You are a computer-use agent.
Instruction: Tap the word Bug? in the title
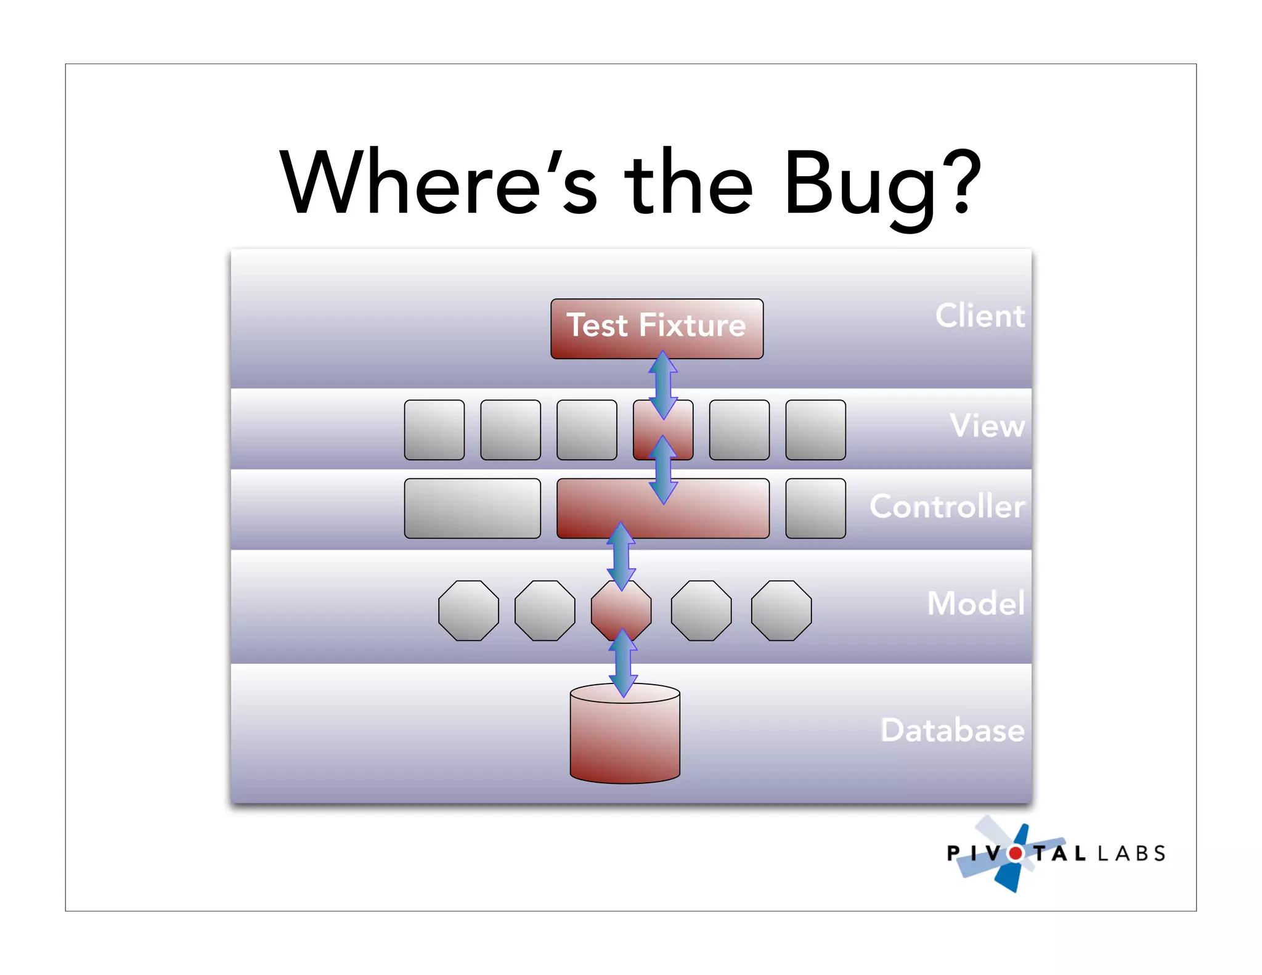tap(881, 185)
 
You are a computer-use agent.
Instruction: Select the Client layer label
tap(980, 316)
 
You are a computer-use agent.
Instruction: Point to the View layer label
tap(987, 425)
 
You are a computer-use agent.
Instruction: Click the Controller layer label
tap(947, 506)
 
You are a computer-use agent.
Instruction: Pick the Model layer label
tap(976, 603)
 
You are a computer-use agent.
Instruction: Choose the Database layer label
tap(952, 730)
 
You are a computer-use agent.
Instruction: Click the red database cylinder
tap(625, 740)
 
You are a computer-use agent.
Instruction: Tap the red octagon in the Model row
tap(621, 610)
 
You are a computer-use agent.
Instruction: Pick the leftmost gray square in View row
tap(434, 430)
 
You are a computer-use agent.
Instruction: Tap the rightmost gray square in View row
tap(815, 430)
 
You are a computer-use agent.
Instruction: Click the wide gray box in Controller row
tap(472, 508)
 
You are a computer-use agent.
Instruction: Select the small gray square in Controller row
tap(815, 508)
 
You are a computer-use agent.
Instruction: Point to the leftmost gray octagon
tap(468, 611)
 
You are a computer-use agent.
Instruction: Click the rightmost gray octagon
tap(781, 611)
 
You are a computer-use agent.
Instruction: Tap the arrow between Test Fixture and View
tap(663, 385)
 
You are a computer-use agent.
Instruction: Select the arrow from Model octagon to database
tap(623, 663)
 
